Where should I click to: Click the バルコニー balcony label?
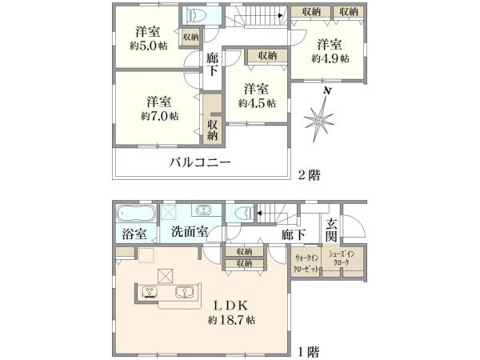199,162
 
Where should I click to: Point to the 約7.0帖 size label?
158,116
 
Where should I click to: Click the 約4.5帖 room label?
257,102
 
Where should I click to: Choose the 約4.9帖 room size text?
329,58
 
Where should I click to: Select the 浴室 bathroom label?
134,234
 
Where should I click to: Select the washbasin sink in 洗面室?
203,212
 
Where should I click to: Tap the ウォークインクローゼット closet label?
308,263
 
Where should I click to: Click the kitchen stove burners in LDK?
153,291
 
